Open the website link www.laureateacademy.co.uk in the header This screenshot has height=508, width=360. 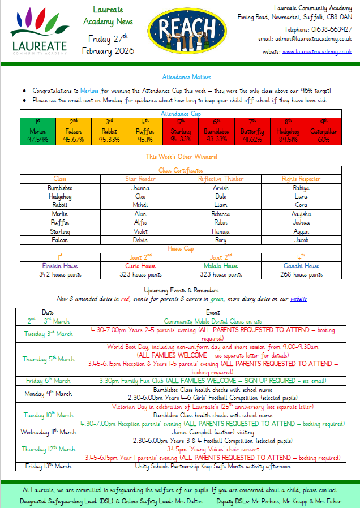pyautogui.click(x=317, y=51)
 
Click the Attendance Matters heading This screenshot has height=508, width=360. pyautogui.click(x=187, y=77)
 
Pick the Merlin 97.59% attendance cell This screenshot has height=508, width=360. pyautogui.click(x=37, y=135)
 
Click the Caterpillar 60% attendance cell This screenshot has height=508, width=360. pyautogui.click(x=324, y=135)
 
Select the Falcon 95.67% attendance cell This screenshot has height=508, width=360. pyautogui.click(x=74, y=135)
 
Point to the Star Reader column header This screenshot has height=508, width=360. pyautogui.click(x=140, y=179)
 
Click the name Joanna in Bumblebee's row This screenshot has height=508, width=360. pyautogui.click(x=140, y=188)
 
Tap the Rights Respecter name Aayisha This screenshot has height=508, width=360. pyautogui.click(x=301, y=214)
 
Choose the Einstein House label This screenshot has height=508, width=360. pyautogui.click(x=59, y=266)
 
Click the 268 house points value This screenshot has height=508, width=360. pyautogui.click(x=301, y=275)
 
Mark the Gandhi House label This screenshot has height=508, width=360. pyautogui.click(x=301, y=266)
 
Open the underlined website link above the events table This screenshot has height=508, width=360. pyautogui.click(x=298, y=299)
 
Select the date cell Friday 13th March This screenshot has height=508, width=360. pyautogui.click(x=48, y=467)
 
